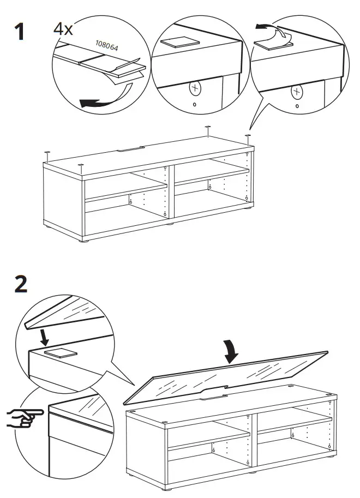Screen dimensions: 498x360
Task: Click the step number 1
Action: point(20,31)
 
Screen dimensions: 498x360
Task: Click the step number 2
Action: point(21,285)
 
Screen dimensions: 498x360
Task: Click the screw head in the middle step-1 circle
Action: point(195,88)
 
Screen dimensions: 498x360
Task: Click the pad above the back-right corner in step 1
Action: point(208,128)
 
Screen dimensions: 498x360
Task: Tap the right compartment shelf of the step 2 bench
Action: point(295,423)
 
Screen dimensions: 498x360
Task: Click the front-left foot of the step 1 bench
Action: point(84,239)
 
